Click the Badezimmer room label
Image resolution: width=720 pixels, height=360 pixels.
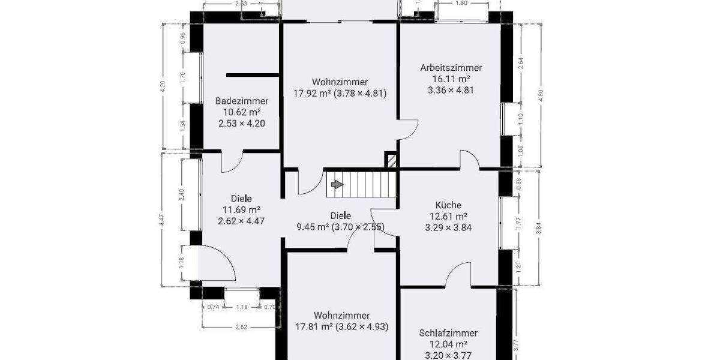(242, 101)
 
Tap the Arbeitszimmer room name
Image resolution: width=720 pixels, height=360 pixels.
(451, 68)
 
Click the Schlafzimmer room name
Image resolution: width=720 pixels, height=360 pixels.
(449, 333)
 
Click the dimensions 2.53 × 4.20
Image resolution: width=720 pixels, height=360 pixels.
(242, 124)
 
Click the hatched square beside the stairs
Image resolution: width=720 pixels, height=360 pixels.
(391, 161)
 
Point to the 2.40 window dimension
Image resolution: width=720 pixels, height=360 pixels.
(182, 194)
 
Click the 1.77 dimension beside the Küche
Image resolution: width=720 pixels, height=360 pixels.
(520, 223)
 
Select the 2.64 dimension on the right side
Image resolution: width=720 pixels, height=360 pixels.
(520, 64)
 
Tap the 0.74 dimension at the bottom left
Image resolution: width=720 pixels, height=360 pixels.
(212, 307)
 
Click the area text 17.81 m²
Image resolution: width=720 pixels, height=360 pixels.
(314, 327)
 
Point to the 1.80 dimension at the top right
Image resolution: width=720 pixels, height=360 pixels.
(461, 3)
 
